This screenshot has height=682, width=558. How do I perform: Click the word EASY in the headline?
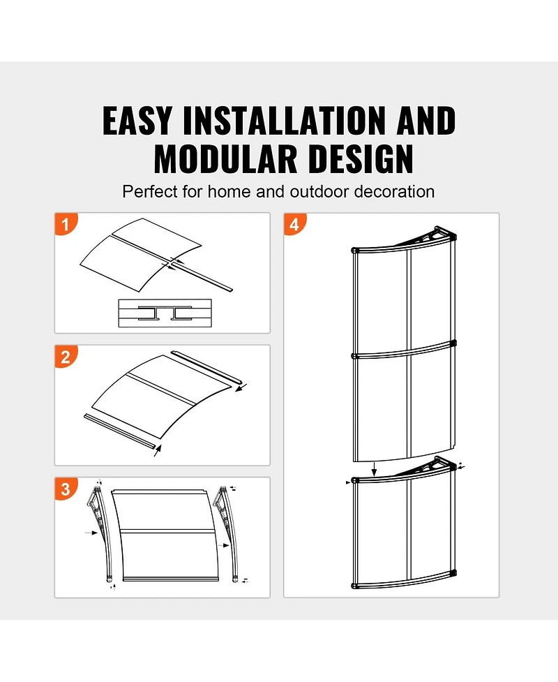(137, 121)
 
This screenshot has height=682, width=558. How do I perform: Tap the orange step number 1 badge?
(66, 224)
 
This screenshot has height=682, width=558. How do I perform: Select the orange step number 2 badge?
(66, 357)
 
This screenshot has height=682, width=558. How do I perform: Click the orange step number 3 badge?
(66, 489)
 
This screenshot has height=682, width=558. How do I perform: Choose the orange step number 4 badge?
(294, 224)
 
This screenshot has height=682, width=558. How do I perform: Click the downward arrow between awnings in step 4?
(375, 468)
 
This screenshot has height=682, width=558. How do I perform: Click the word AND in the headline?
(426, 121)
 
